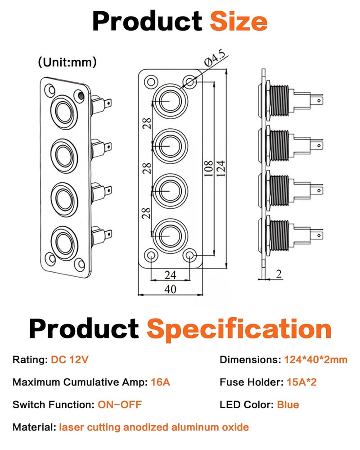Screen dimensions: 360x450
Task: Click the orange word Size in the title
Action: pyautogui.click(x=238, y=21)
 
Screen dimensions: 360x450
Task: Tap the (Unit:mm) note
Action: pyautogui.click(x=67, y=62)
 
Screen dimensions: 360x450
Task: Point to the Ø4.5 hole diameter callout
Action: pyautogui.click(x=215, y=59)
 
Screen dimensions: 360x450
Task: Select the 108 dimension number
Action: pyautogui.click(x=208, y=169)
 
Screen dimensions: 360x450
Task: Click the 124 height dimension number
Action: pyautogui.click(x=220, y=169)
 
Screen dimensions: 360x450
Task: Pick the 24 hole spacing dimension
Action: pyautogui.click(x=170, y=275)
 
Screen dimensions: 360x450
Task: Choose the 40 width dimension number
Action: pyautogui.click(x=170, y=289)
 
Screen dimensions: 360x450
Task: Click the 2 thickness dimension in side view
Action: pyautogui.click(x=279, y=274)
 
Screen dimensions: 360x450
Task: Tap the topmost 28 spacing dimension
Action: pyautogui.click(x=147, y=123)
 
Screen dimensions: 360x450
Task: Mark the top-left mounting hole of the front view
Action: pyautogui.click(x=151, y=82)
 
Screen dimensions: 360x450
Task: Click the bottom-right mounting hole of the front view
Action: pyautogui.click(x=189, y=255)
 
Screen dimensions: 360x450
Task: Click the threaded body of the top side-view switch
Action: pyautogui.click(x=279, y=101)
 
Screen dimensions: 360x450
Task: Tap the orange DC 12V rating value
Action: pyautogui.click(x=69, y=360)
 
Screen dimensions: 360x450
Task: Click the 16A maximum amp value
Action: pyautogui.click(x=161, y=382)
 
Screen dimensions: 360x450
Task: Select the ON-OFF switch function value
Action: pyautogui.click(x=120, y=405)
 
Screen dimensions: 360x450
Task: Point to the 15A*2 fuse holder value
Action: pyautogui.click(x=301, y=382)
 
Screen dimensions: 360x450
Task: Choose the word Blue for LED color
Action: pyautogui.click(x=288, y=405)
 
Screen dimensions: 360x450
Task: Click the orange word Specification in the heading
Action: pyautogui.click(x=239, y=329)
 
